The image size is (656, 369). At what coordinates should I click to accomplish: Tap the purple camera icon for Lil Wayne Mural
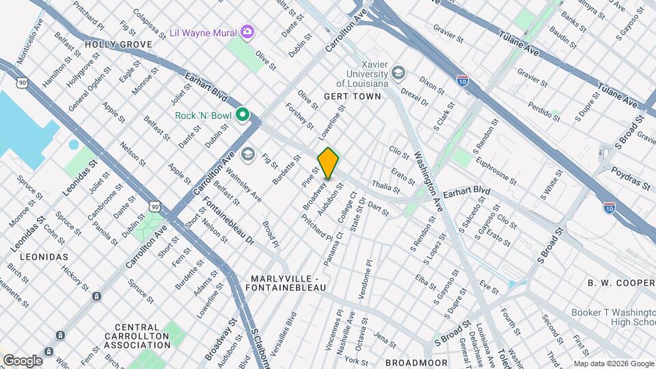pos(247,32)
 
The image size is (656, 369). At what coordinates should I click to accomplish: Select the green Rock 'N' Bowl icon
pos(241,115)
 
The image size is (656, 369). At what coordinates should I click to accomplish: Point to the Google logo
pos(22,360)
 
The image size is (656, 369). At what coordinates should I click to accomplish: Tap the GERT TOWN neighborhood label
pos(352,96)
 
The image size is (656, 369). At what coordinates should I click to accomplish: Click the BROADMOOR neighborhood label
pos(416,362)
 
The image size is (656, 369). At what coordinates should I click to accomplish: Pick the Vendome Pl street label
pos(369,273)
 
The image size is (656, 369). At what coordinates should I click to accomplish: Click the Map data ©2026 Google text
pos(613,364)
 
